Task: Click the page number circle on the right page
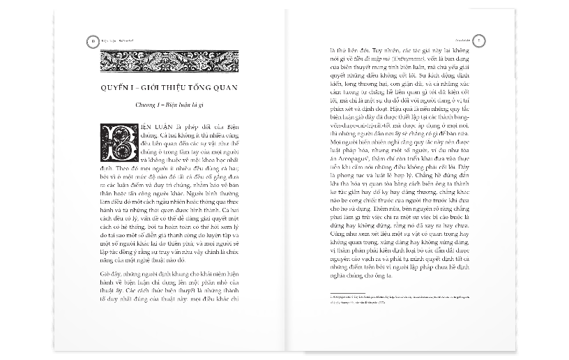pos(478,41)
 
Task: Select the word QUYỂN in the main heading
pos(116,87)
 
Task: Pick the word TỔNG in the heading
pos(211,87)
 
